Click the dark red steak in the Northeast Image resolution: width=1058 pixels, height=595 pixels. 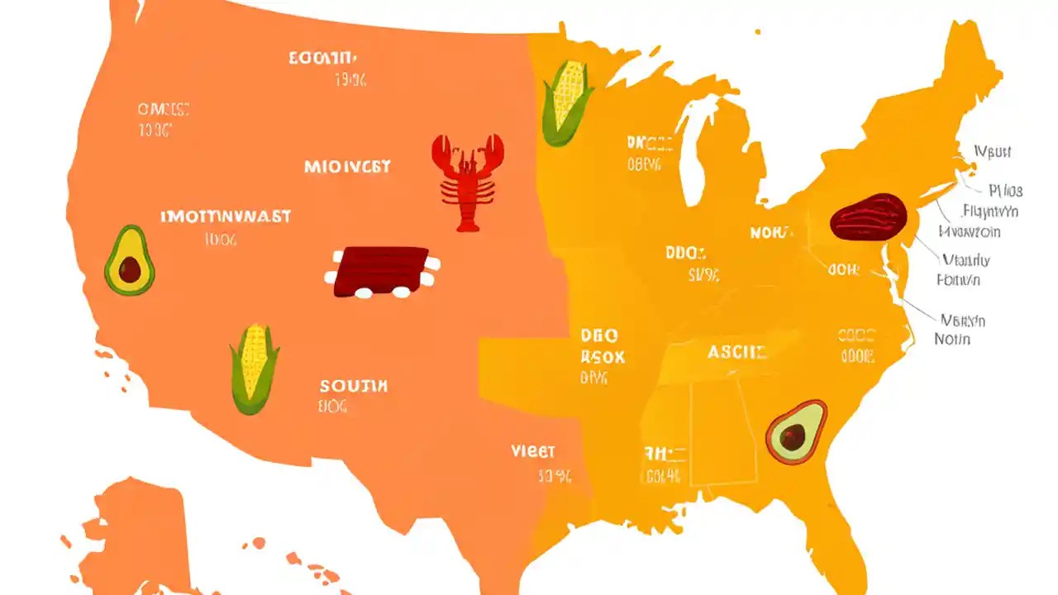pyautogui.click(x=868, y=217)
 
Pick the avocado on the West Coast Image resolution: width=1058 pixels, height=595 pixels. pyautogui.click(x=129, y=261)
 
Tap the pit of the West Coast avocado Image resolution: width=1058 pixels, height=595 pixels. pyautogui.click(x=130, y=269)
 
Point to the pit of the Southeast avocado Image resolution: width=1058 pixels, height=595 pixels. pyautogui.click(x=793, y=439)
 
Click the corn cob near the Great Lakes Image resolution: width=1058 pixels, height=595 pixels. pyautogui.click(x=567, y=102)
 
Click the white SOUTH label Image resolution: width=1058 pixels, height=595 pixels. pyautogui.click(x=353, y=385)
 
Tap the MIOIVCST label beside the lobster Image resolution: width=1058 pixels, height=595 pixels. pyautogui.click(x=347, y=166)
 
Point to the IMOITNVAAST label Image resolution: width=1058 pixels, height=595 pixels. pyautogui.click(x=225, y=217)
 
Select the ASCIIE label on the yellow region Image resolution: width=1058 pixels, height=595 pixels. pyautogui.click(x=737, y=352)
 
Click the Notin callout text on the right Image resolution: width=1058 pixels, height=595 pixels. pyautogui.click(x=952, y=339)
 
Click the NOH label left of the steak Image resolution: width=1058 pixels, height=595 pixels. pyautogui.click(x=771, y=233)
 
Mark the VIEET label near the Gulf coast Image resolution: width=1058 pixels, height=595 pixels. pyautogui.click(x=533, y=452)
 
